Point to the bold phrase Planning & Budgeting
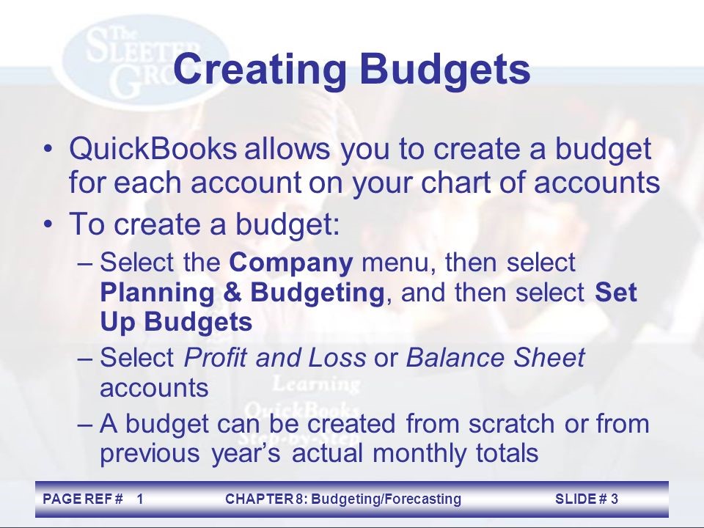point(242,292)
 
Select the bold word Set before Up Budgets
point(616,292)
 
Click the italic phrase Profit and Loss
point(274,358)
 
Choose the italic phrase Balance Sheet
point(495,358)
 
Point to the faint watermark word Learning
point(317,383)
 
